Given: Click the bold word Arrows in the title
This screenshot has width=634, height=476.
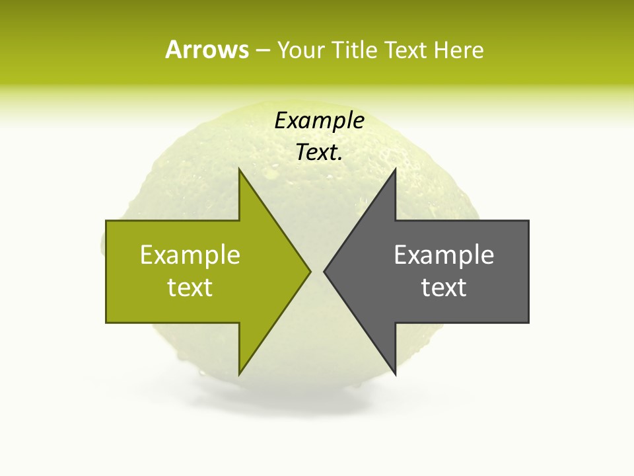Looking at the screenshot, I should coord(207,50).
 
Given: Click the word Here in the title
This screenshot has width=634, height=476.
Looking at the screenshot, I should coord(458,50).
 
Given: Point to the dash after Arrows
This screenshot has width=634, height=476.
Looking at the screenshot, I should coord(262,50).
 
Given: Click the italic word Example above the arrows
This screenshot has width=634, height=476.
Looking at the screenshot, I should coord(320,121).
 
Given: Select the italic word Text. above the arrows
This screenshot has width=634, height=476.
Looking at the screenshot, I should coord(320,153).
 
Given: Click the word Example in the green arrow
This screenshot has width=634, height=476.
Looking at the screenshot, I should coord(190,255).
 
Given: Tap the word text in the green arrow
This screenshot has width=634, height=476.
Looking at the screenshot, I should coord(190,288).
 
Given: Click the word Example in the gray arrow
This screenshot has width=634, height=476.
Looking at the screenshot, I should coord(444,255).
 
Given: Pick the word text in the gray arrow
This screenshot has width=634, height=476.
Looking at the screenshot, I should coord(444,288).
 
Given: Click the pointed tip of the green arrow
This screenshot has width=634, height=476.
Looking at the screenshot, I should coord(310,271).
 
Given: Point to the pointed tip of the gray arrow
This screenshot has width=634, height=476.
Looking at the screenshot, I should coord(324,271).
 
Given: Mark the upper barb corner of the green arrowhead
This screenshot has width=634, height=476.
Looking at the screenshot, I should coord(239,169).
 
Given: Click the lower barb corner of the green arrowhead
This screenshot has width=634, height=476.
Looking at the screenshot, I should coord(239,374).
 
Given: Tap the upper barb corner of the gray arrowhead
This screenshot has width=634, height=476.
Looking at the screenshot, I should coord(395,169).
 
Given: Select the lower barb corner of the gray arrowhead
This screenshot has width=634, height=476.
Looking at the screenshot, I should coord(395,374).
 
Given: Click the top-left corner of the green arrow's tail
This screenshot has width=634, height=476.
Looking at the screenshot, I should coord(106,221).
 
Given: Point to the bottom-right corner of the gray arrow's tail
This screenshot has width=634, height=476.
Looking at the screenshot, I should coord(528,322).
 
